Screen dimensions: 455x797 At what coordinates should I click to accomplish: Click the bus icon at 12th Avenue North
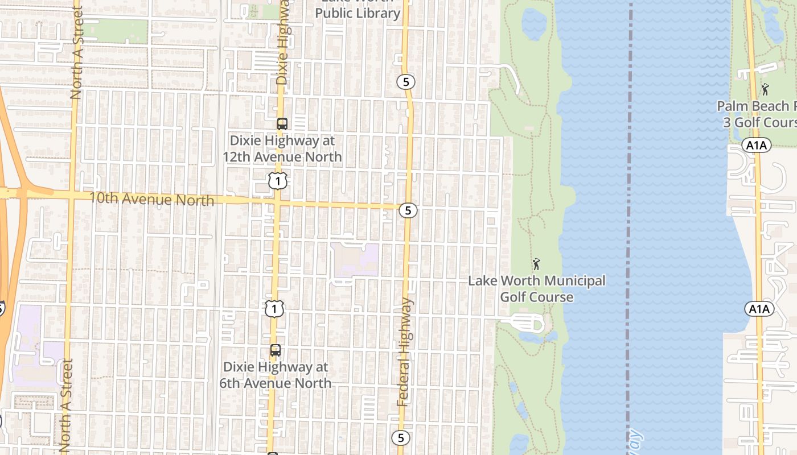[x=282, y=123]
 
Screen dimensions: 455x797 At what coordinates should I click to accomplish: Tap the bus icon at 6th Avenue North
[x=276, y=350]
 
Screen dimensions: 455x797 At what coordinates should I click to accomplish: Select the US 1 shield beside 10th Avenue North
[x=277, y=181]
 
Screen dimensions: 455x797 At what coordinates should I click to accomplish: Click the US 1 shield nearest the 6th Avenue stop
[x=274, y=309]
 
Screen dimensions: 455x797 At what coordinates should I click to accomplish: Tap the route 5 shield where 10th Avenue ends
[x=408, y=210]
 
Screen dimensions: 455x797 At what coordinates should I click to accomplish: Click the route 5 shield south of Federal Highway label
[x=401, y=438]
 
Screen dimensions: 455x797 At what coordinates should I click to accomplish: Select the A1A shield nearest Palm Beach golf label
[x=757, y=146]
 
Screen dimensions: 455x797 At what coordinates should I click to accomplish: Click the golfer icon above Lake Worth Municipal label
[x=536, y=264]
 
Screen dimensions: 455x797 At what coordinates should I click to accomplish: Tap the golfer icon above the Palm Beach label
[x=765, y=89]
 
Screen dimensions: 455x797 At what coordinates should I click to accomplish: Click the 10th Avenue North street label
[x=152, y=200]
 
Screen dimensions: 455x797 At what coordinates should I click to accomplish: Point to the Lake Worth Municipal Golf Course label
[x=536, y=289]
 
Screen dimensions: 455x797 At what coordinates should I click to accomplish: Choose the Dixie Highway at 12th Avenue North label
[x=282, y=148]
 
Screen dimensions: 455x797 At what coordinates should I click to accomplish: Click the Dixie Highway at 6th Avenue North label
[x=276, y=375]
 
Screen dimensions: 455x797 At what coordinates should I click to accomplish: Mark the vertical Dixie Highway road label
[x=282, y=43]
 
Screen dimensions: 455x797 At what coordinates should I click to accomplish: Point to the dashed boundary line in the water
[x=630, y=227]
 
